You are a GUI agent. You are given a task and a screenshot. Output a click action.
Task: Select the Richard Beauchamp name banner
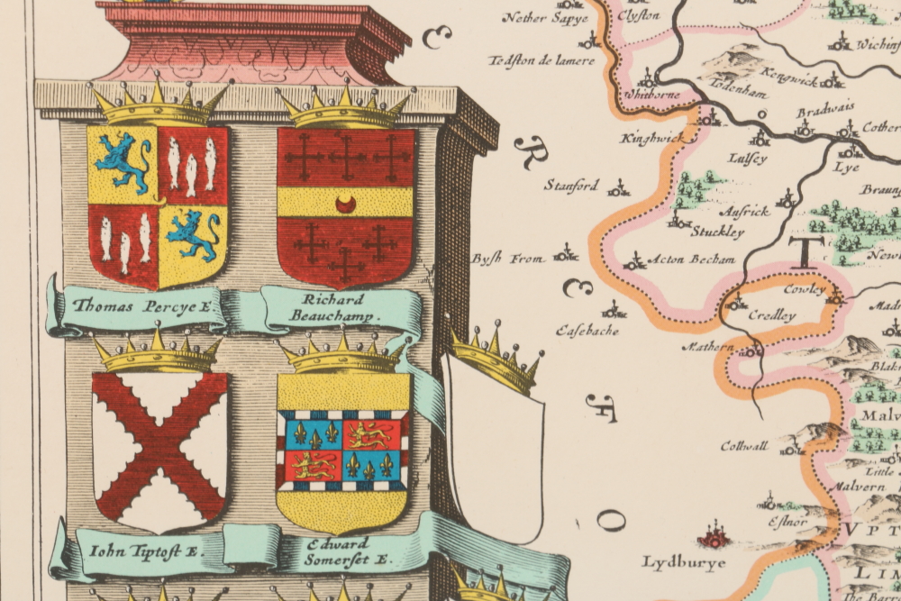click(334, 308)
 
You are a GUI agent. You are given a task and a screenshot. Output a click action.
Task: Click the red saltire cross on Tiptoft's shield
click(160, 446)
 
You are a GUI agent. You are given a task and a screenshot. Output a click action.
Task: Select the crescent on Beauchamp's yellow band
click(346, 204)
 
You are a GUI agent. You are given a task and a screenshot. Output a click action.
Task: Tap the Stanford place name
click(571, 186)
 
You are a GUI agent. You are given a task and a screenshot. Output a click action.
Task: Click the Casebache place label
click(587, 329)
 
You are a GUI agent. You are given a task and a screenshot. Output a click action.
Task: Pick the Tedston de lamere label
click(541, 60)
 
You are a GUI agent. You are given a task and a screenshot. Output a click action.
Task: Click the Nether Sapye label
click(545, 17)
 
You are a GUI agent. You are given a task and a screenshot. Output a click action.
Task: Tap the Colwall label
click(743, 445)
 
